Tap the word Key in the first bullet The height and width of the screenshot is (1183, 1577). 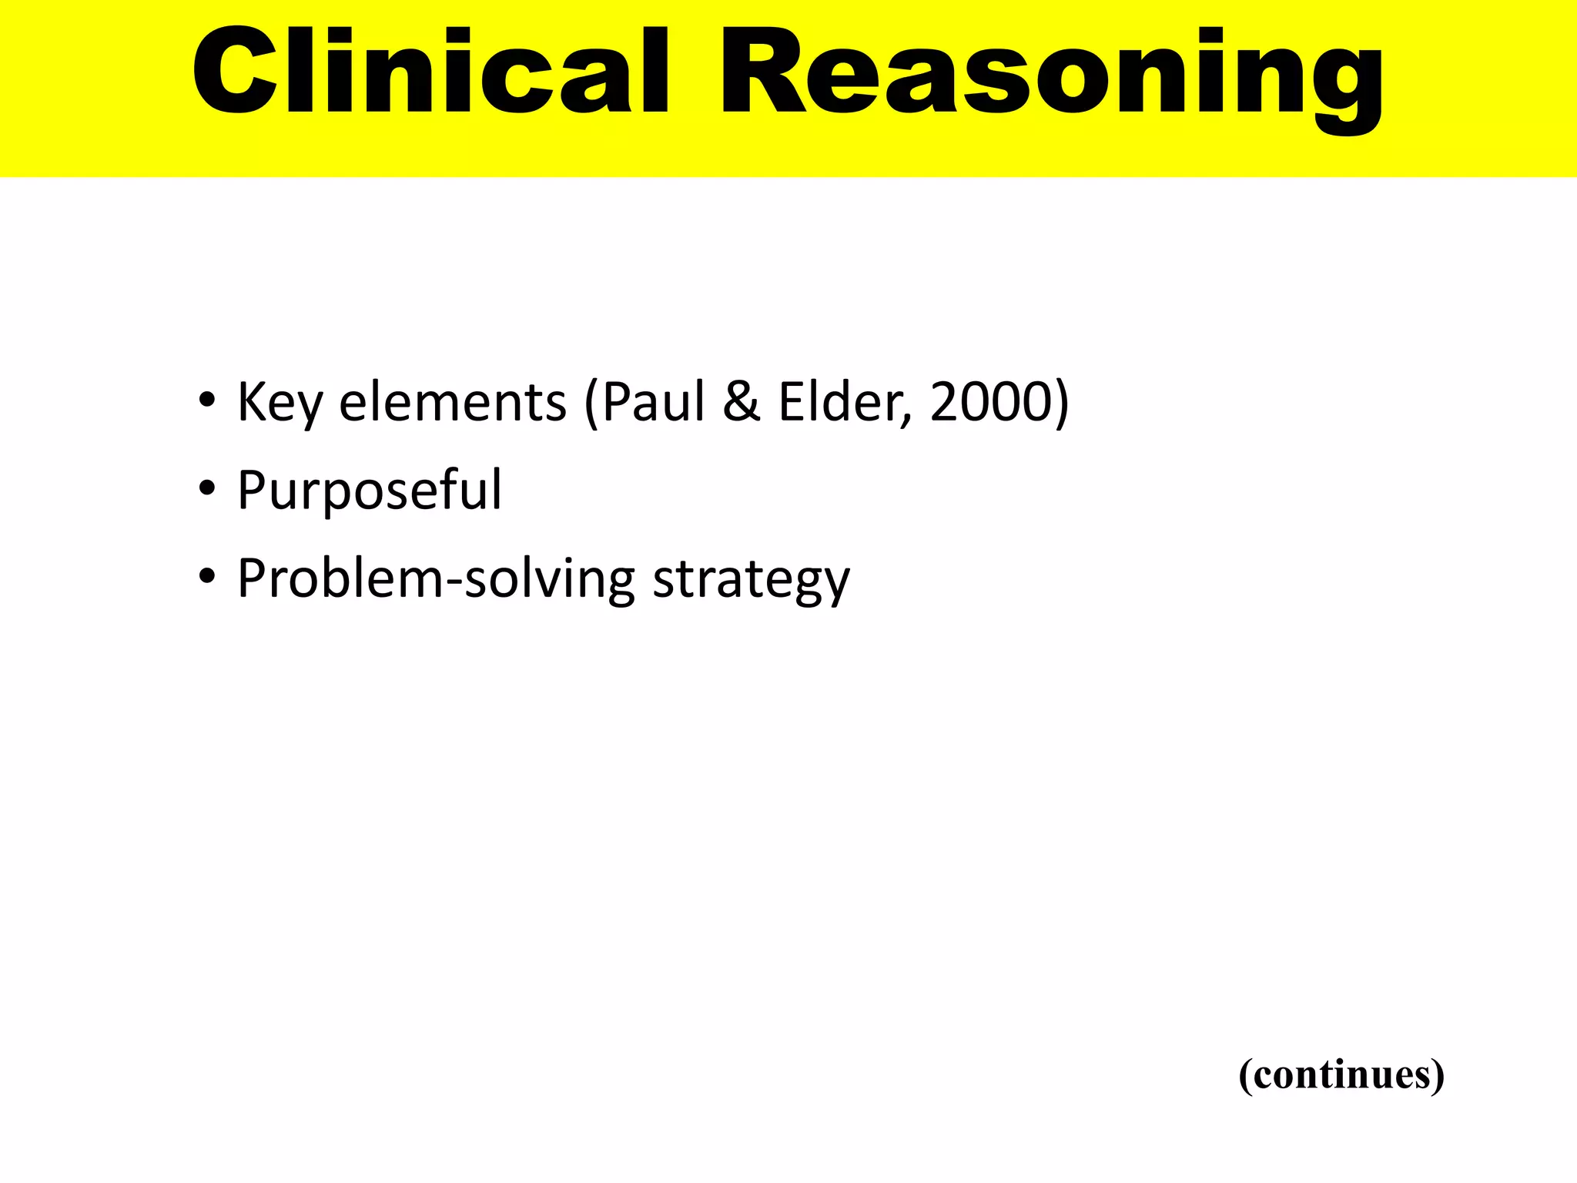(280, 403)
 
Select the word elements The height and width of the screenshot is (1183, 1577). (453, 403)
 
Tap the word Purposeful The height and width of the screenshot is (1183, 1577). (370, 491)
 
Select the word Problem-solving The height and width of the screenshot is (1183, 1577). (436, 579)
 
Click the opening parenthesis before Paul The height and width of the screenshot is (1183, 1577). (591, 403)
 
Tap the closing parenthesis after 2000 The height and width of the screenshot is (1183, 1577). (1060, 403)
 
